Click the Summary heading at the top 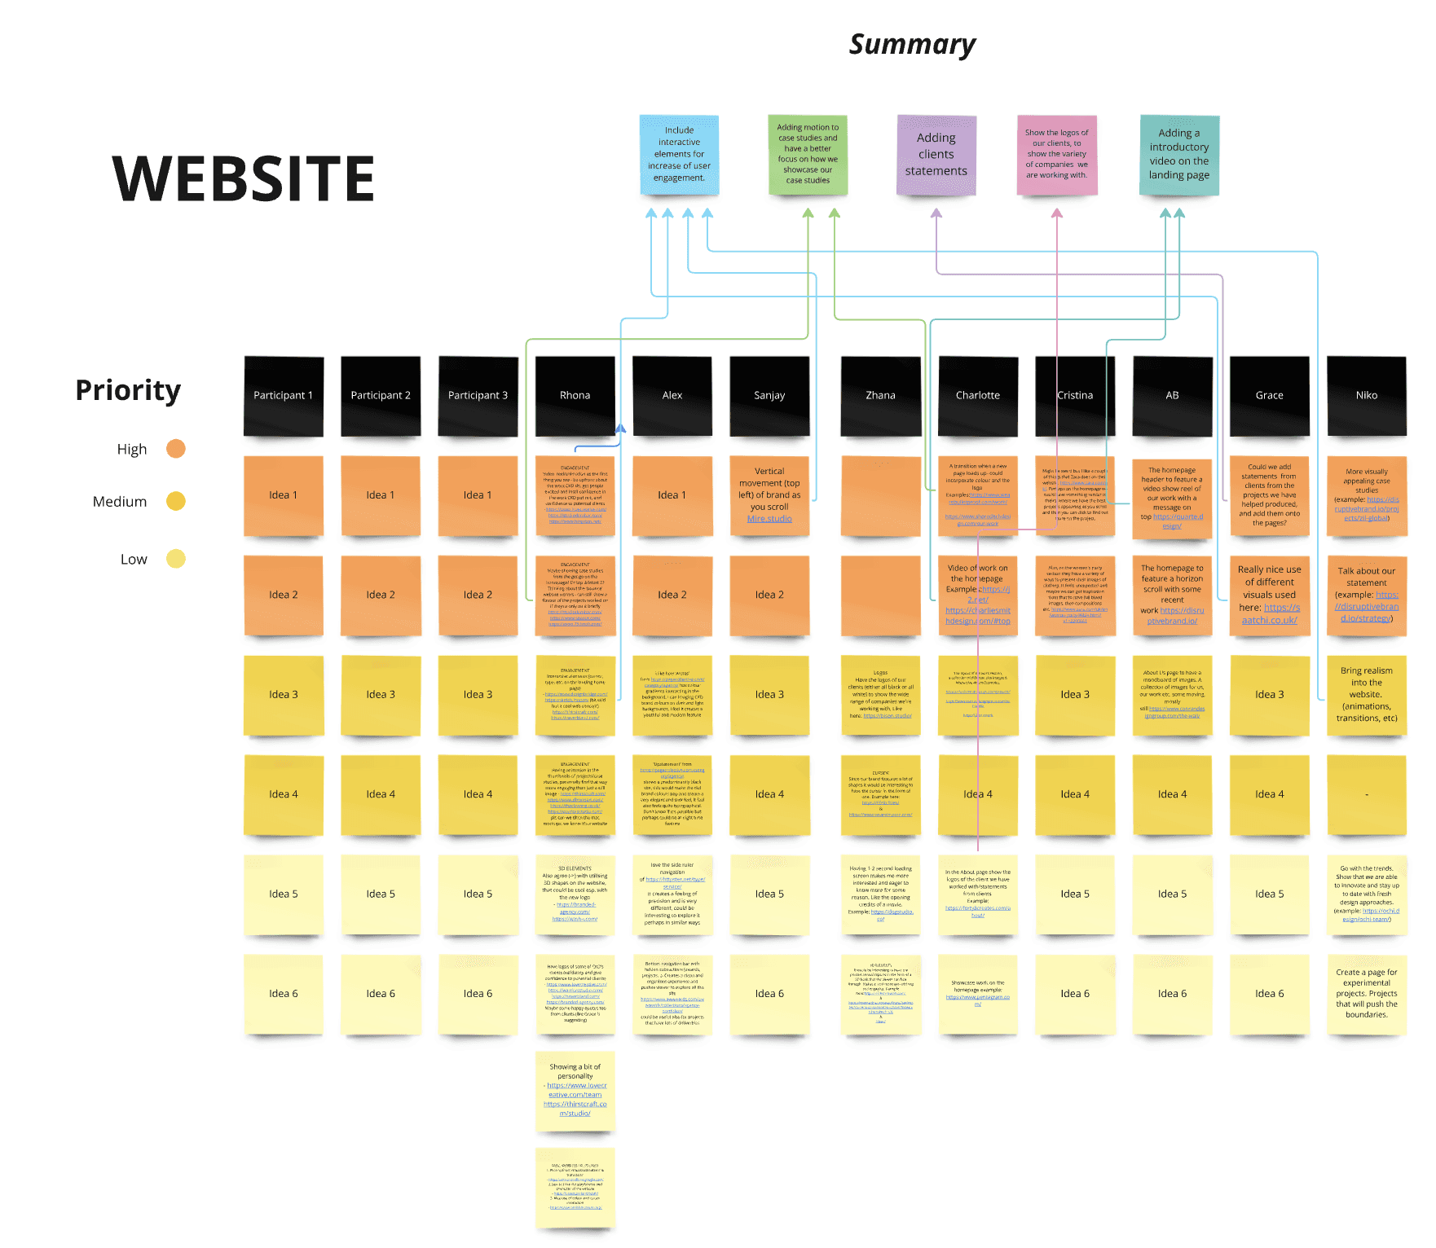[x=912, y=45]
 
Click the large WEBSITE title [x=243, y=178]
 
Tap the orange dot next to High [x=176, y=449]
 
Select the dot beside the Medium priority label [x=176, y=501]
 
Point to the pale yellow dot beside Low [x=176, y=559]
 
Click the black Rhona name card [x=575, y=396]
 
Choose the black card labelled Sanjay [x=769, y=396]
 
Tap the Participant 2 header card [x=381, y=396]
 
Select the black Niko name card [x=1366, y=396]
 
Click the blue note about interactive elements [x=679, y=155]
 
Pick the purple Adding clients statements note [x=936, y=155]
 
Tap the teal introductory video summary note [x=1178, y=155]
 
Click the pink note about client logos [x=1056, y=155]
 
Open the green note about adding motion [x=807, y=155]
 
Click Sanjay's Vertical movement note [x=769, y=495]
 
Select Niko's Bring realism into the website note [x=1366, y=695]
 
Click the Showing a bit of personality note [x=575, y=1090]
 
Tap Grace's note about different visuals [x=1269, y=595]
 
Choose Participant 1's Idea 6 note [x=284, y=994]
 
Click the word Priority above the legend [x=128, y=390]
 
